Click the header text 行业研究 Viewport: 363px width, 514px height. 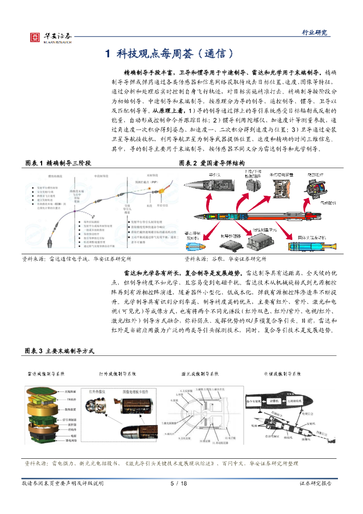(x=314, y=33)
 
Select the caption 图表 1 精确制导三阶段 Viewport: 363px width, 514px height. (x=58, y=163)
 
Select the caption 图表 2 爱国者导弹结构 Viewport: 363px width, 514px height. (x=212, y=163)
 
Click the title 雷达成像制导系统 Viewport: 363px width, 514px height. (x=47, y=374)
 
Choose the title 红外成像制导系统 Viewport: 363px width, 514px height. (x=117, y=374)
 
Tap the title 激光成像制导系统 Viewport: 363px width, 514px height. (x=200, y=374)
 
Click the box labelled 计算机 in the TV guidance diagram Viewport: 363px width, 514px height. (x=273, y=402)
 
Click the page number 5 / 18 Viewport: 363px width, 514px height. (x=179, y=483)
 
